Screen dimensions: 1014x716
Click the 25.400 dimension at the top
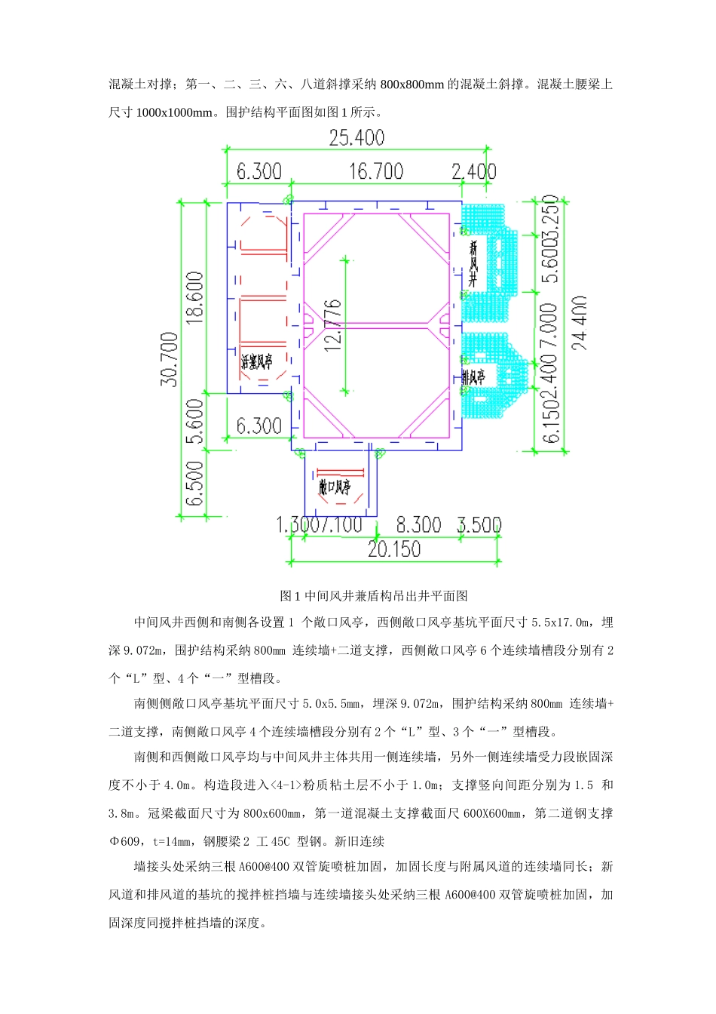click(x=356, y=138)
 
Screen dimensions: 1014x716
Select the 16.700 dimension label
click(x=375, y=172)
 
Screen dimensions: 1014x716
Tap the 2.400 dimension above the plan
click(x=474, y=172)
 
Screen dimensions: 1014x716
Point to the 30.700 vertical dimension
click(x=170, y=359)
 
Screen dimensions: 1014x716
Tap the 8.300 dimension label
click(x=419, y=525)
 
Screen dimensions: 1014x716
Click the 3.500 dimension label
click(x=479, y=525)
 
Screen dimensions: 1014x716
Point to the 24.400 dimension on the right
click(x=579, y=323)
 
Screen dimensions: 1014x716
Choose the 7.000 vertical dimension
click(x=550, y=327)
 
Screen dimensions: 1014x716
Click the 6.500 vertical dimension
click(x=195, y=484)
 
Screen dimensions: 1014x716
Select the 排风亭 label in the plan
click(x=473, y=376)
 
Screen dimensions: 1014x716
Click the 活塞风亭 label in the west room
click(x=256, y=362)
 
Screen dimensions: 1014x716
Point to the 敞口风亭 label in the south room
click(x=335, y=488)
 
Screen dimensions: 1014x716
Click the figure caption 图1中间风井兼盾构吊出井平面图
click(x=374, y=596)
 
